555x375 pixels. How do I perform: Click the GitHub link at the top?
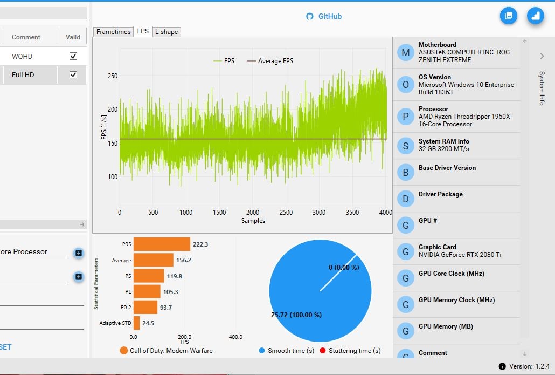click(x=324, y=16)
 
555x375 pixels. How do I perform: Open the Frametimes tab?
click(x=113, y=32)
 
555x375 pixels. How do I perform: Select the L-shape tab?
click(x=166, y=32)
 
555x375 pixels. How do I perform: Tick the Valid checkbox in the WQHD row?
click(x=73, y=56)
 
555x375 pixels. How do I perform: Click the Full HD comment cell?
click(x=23, y=74)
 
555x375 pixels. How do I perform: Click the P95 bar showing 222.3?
click(x=162, y=244)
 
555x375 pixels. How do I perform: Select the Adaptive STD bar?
click(x=136, y=323)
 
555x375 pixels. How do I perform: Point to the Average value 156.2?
click(x=184, y=260)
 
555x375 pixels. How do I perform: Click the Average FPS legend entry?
click(x=270, y=61)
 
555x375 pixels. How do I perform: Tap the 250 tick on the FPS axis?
click(x=112, y=76)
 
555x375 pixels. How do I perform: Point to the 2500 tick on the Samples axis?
click(x=286, y=213)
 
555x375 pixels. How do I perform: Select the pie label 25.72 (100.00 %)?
click(x=296, y=315)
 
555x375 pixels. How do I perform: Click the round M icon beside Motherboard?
click(x=405, y=52)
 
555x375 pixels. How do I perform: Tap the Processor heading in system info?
click(x=433, y=109)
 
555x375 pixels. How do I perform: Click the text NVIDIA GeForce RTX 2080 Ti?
click(x=460, y=255)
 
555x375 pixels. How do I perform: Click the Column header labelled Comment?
click(x=26, y=37)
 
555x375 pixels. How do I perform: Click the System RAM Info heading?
click(x=443, y=141)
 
